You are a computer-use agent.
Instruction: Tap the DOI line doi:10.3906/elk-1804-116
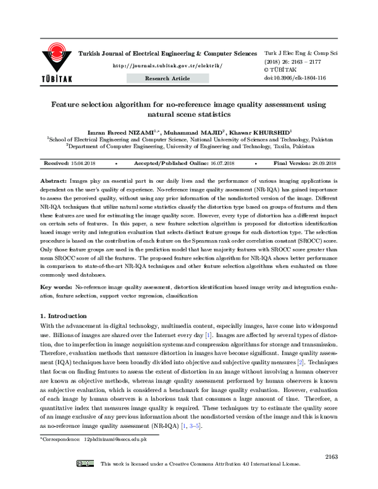coord(295,78)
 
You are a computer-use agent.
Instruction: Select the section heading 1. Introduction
coord(64,314)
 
